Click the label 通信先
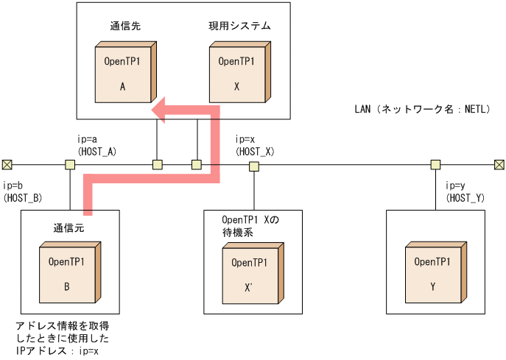[x=125, y=26]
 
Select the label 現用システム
[x=239, y=26]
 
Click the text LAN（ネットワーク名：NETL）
[x=422, y=110]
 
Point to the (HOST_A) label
[x=92, y=151]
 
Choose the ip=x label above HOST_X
[x=245, y=138]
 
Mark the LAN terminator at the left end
[x=7, y=164]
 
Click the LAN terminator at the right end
[x=499, y=164]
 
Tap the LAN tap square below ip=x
[x=253, y=166]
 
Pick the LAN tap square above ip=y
[x=435, y=164]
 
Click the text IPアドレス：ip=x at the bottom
[x=57, y=351]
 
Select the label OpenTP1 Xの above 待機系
[x=251, y=220]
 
